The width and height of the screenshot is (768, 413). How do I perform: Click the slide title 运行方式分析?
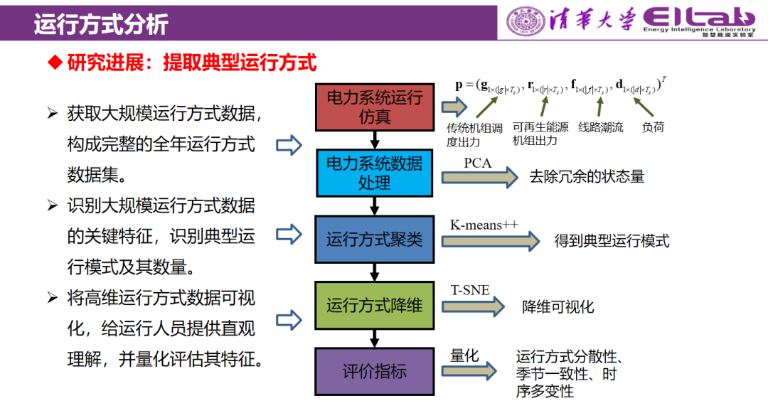100,24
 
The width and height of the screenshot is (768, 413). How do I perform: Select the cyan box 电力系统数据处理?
374,173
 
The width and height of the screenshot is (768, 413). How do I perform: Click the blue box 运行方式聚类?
374,239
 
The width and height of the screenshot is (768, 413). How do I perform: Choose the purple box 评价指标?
374,371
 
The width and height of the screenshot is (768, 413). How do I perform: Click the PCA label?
477,163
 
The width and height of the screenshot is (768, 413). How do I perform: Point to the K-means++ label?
484,225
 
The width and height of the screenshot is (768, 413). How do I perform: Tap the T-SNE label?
470,290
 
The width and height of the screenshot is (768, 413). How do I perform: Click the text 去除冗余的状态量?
587,177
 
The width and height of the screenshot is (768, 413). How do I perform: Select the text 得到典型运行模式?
612,241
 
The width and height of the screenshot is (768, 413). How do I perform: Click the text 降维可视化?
558,307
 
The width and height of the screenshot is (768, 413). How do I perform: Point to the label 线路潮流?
601,128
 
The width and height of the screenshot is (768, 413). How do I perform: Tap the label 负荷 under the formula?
653,128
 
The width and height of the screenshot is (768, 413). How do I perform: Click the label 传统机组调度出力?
474,134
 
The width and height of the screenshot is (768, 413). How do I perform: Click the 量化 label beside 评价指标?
464,356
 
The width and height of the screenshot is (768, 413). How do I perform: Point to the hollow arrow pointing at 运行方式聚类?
289,234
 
